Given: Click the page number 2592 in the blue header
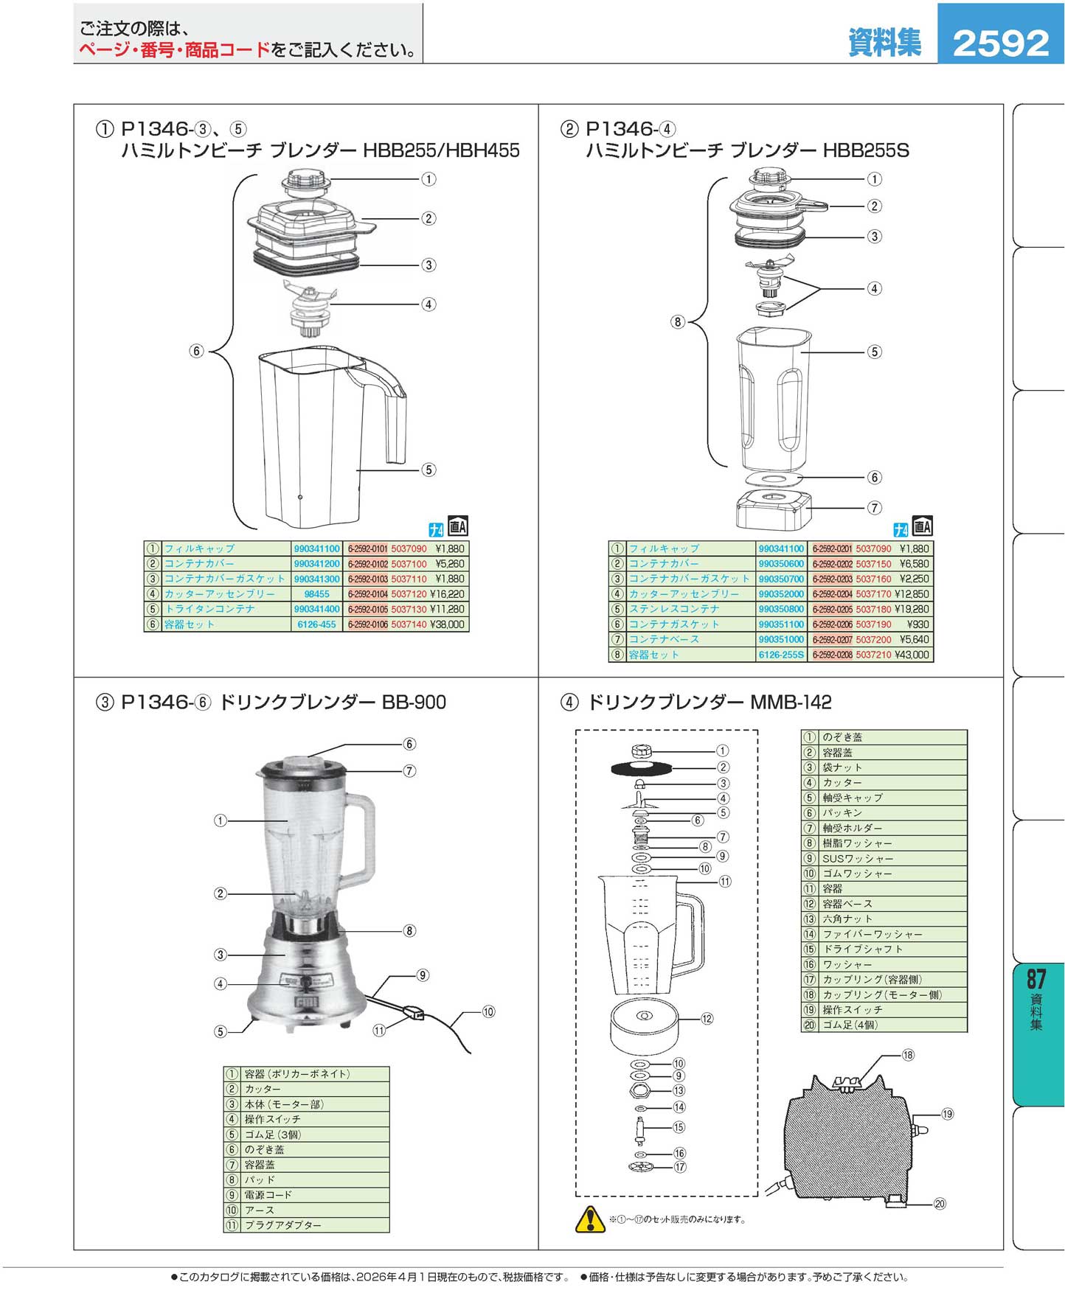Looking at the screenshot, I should click(1000, 43).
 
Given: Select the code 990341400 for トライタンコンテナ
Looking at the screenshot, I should click(316, 610).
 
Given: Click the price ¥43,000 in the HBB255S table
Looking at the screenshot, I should click(912, 655).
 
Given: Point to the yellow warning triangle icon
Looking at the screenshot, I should click(589, 1219).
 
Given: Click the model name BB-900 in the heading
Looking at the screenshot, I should click(414, 702).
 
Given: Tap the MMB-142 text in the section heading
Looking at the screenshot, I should click(790, 702).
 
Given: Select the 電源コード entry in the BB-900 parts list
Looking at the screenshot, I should click(268, 1195).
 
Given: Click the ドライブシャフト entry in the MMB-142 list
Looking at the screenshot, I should click(862, 949).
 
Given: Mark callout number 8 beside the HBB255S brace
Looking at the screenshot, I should click(677, 321).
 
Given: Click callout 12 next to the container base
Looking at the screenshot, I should click(707, 1019).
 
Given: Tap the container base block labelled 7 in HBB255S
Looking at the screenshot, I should click(772, 509).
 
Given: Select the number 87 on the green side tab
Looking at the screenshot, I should click(1036, 979).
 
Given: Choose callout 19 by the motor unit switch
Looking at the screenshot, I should click(947, 1114).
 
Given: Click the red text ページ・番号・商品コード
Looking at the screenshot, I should click(175, 50).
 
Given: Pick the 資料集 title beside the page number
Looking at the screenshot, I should click(884, 43).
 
